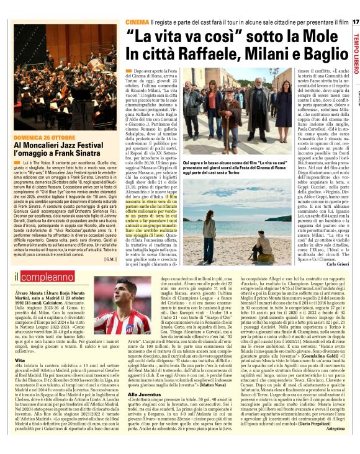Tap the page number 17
(356, 22)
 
